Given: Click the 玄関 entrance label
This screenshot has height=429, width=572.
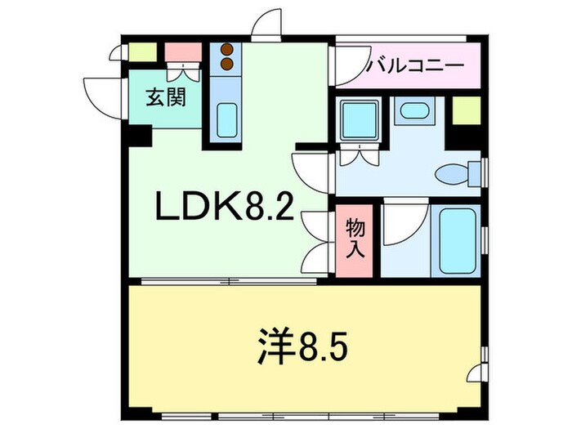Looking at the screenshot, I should click(166, 98).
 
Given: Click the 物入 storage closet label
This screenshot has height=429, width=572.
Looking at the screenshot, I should click(354, 237).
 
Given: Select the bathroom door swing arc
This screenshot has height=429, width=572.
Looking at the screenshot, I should click(404, 223).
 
